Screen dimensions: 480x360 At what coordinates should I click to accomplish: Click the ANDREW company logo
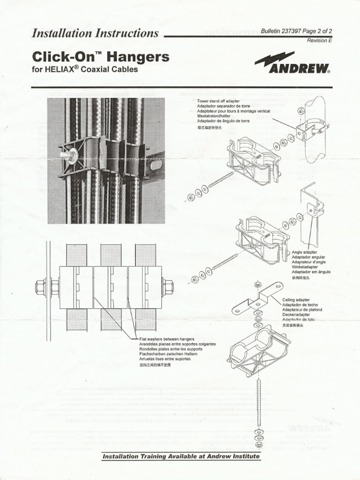292,65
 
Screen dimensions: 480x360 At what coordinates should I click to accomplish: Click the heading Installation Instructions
95,33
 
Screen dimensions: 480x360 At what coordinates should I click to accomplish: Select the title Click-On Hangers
100,57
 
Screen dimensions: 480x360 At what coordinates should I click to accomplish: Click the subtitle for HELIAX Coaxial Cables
85,70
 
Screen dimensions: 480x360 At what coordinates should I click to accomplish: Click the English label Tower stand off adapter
219,101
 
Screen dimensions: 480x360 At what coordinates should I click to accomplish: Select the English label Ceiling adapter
296,300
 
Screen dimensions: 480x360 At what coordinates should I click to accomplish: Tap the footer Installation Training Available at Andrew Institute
181,456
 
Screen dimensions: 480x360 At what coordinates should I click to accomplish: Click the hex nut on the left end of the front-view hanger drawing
40,287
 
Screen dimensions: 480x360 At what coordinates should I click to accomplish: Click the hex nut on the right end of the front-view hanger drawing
168,287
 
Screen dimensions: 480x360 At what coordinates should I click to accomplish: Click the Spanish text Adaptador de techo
300,305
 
